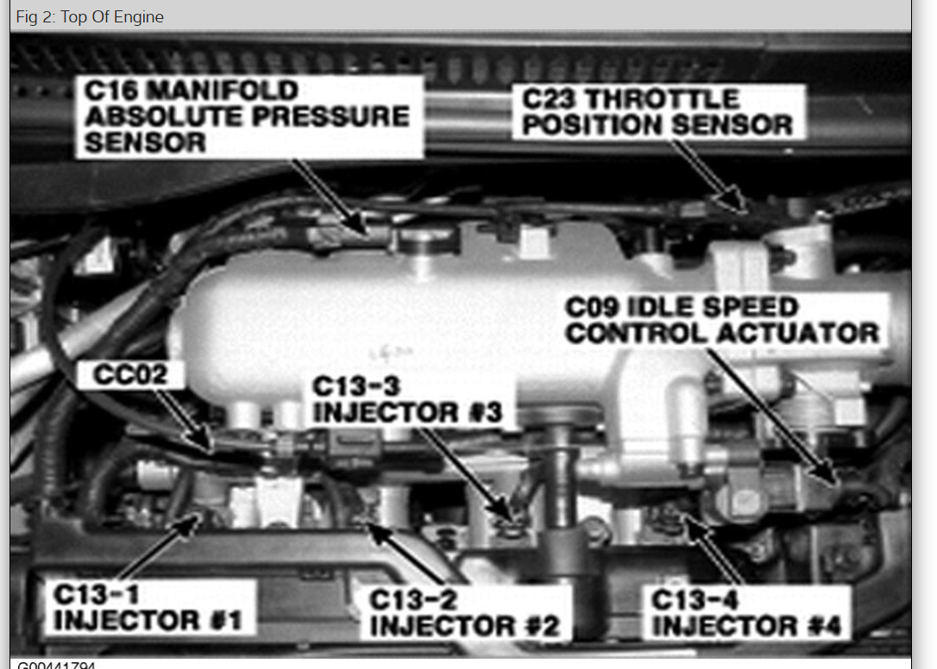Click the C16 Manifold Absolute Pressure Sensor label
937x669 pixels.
(x=248, y=116)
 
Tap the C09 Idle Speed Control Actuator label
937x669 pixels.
(x=723, y=320)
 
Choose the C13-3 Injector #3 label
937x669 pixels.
(x=406, y=399)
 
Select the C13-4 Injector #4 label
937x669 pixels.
(x=745, y=612)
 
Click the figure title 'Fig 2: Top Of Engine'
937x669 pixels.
(x=90, y=16)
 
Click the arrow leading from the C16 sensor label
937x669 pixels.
(x=328, y=194)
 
